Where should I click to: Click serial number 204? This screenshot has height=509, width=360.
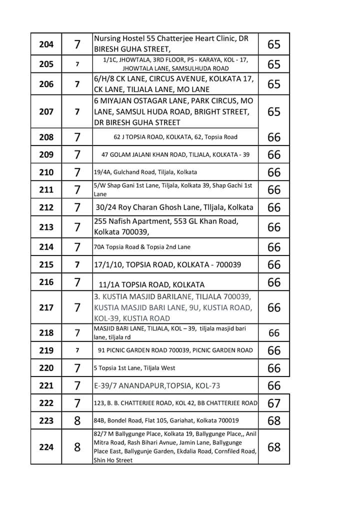[x=46, y=44]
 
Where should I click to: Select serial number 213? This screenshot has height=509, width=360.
[x=46, y=227]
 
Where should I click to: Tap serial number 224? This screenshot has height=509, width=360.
[x=46, y=447]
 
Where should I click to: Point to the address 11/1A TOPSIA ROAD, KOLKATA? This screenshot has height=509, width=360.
[x=151, y=284]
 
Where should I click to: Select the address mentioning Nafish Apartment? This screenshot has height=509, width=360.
[x=166, y=226]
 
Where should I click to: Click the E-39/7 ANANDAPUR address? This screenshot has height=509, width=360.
[x=157, y=385]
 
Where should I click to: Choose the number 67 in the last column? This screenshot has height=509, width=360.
[x=274, y=403]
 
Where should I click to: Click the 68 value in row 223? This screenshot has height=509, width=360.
[x=274, y=420]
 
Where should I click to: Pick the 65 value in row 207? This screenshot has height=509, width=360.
[x=274, y=111]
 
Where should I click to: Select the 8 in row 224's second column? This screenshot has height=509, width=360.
[x=77, y=447]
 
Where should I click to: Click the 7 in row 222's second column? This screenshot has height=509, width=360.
[x=77, y=403]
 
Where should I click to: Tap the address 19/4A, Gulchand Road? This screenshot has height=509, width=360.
[x=145, y=172]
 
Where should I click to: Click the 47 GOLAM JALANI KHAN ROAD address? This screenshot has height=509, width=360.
[x=175, y=154]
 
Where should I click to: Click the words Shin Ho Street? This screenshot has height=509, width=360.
[x=113, y=460]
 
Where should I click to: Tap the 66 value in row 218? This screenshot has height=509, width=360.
[x=274, y=332]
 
